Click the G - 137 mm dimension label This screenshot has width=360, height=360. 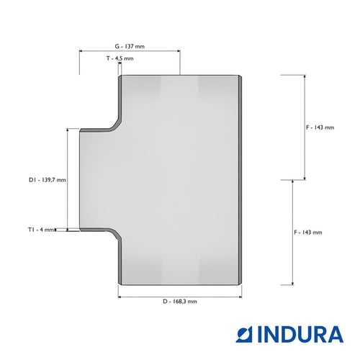pyautogui.click(x=130, y=46)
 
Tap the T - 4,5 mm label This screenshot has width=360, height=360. pyautogui.click(x=120, y=58)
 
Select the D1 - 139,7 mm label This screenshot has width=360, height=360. pyautogui.click(x=48, y=180)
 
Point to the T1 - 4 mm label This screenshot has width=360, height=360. pyautogui.click(x=41, y=230)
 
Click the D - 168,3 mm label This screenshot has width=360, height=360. pyautogui.click(x=180, y=302)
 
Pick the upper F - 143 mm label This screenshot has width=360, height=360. pyautogui.click(x=320, y=127)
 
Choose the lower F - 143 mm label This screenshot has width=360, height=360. pyautogui.click(x=308, y=233)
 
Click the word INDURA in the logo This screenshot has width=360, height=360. pyautogui.click(x=300, y=334)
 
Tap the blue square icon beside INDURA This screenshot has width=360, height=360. pyautogui.click(x=244, y=334)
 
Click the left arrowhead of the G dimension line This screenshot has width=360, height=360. pyautogui.click(x=81, y=51)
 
